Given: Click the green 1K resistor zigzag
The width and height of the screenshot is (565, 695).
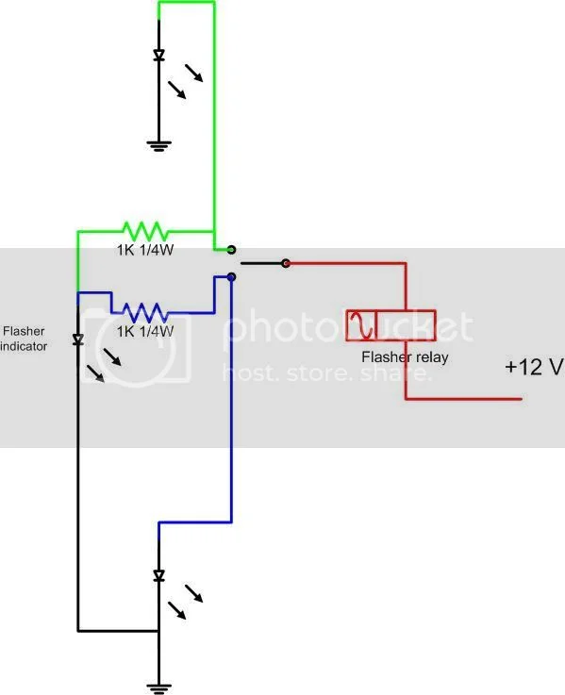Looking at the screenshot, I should pyautogui.click(x=144, y=230).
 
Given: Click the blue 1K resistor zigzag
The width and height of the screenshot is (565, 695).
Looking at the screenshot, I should pyautogui.click(x=145, y=310).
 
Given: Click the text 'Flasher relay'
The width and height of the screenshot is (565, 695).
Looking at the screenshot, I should pyautogui.click(x=405, y=357).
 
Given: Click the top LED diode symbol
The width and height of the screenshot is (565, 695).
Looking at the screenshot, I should pyautogui.click(x=158, y=56).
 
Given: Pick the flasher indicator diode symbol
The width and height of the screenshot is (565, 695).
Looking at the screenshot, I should pyautogui.click(x=78, y=339).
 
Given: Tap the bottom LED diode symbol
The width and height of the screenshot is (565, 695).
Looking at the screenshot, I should pyautogui.click(x=158, y=575).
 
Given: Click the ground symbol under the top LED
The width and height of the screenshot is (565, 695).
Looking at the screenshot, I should pyautogui.click(x=158, y=145).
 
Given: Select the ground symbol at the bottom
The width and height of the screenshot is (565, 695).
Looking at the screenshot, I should pyautogui.click(x=158, y=686).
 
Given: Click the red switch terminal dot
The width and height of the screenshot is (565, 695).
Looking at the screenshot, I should pyautogui.click(x=287, y=263).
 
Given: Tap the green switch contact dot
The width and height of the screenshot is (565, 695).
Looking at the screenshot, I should pyautogui.click(x=231, y=251).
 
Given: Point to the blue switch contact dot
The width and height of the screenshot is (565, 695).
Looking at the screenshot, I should pyautogui.click(x=231, y=277).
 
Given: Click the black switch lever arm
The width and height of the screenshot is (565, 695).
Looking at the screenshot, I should pyautogui.click(x=261, y=263).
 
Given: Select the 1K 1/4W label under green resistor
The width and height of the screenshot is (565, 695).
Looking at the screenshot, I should pyautogui.click(x=145, y=252).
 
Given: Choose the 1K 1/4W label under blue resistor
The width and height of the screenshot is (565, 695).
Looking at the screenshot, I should pyautogui.click(x=145, y=332).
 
